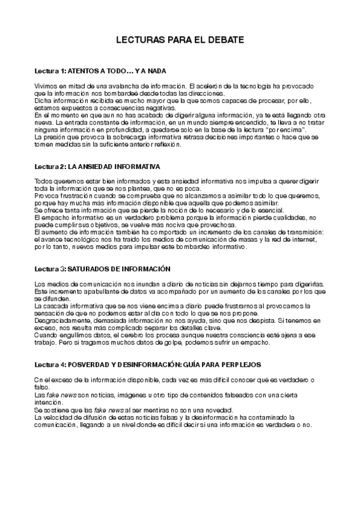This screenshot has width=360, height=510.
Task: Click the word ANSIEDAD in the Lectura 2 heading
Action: click(95, 165)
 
